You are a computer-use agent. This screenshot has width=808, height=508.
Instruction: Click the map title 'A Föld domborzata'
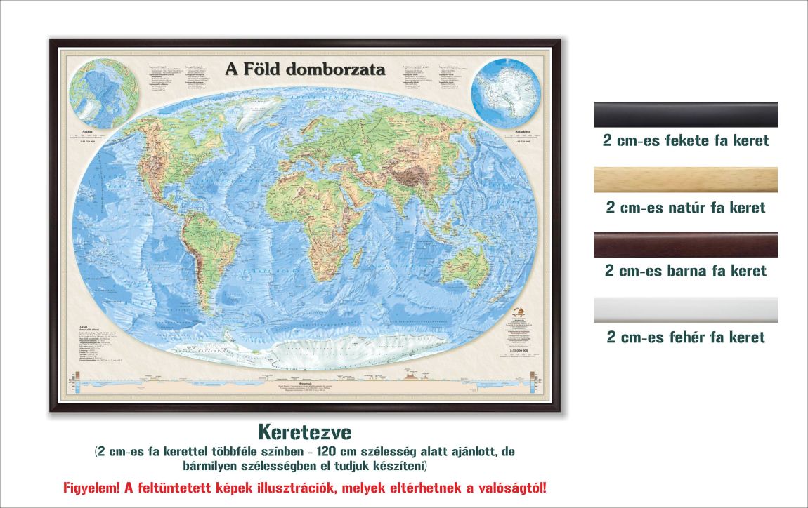point(305,69)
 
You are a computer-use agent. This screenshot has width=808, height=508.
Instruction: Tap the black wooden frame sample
point(686,114)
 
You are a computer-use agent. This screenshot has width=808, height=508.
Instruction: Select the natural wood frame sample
point(686,180)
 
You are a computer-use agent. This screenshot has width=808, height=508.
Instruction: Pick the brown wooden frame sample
point(686,245)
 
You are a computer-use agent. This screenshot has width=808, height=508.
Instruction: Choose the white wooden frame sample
point(686,309)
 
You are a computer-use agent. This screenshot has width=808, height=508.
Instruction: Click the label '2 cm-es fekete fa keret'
point(686,140)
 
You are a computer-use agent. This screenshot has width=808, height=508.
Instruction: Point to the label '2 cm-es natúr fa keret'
point(686,208)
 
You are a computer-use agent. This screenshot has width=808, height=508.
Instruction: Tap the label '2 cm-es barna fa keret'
point(686,270)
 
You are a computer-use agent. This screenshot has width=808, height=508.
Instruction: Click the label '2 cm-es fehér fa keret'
point(686,337)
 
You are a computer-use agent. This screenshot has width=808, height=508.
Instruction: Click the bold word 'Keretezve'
point(304,429)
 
